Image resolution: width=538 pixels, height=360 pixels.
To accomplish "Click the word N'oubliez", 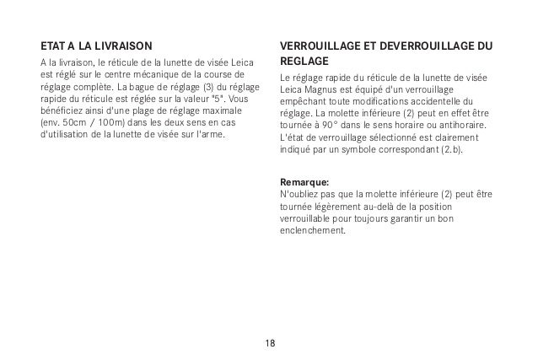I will (x=297, y=195).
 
